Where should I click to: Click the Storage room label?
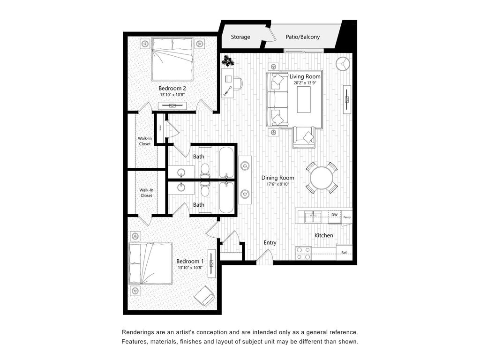pos(240,37)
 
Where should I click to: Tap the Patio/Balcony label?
pos(303,37)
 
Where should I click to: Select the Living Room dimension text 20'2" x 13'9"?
pos(305,82)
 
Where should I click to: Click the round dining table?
pos(322,178)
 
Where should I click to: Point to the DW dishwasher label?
pos(334,215)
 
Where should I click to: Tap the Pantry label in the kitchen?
pos(347,217)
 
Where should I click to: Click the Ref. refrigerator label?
pos(344,253)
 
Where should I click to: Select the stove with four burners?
pos(303,254)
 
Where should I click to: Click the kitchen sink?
pos(313,217)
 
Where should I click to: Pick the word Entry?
pos(270,242)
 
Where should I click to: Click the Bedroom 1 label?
pos(190,262)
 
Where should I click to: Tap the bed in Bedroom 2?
pos(172,59)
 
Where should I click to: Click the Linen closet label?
pos(160,128)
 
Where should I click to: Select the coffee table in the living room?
pos(304,100)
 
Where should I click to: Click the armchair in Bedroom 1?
pos(204,296)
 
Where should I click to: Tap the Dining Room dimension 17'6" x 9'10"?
pos(277,184)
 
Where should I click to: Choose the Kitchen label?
pos(324,235)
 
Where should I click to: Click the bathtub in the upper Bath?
pos(226,163)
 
